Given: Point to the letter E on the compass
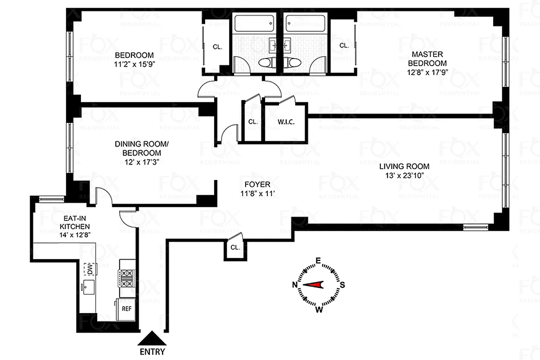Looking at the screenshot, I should (318, 261).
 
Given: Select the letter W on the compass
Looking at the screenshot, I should (318, 309).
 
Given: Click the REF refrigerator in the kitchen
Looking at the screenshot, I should (126, 309).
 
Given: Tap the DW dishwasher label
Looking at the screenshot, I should (90, 269).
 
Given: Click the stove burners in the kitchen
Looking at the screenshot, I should (126, 278).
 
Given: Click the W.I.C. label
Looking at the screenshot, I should (286, 122).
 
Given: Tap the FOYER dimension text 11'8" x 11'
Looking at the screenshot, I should (257, 194).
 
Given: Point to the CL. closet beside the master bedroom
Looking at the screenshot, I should (344, 45).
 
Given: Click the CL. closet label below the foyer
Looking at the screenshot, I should (234, 247).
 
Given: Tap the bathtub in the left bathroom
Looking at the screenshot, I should (256, 22).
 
